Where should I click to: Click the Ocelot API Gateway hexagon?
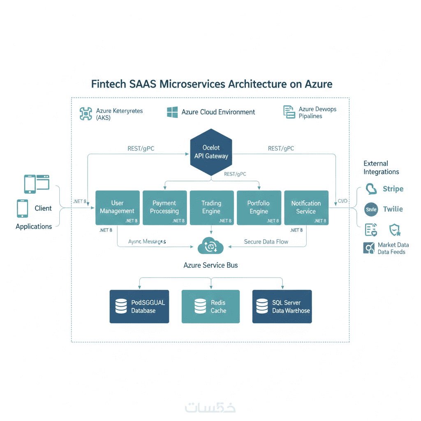tap(211, 152)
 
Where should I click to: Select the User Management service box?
tap(117, 208)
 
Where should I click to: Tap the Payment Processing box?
tap(164, 208)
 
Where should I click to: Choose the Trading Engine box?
tap(211, 208)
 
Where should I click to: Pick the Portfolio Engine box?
tap(259, 208)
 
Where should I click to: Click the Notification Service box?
tap(306, 208)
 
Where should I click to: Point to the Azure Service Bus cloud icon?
tap(210, 245)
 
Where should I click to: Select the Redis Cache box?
tap(210, 306)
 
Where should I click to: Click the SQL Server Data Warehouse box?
tap(282, 306)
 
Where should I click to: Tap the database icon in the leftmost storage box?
tap(121, 306)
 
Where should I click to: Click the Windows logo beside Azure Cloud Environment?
tap(172, 112)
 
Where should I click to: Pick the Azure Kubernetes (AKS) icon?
tap(86, 113)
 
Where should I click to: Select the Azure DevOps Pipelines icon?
tap(289, 112)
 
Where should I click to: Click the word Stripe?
tap(393, 189)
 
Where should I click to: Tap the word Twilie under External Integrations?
tap(393, 209)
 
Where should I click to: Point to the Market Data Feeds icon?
tap(369, 248)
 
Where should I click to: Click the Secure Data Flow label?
tap(266, 242)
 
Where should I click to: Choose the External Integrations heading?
tap(381, 168)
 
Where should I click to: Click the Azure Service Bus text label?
tap(210, 265)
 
